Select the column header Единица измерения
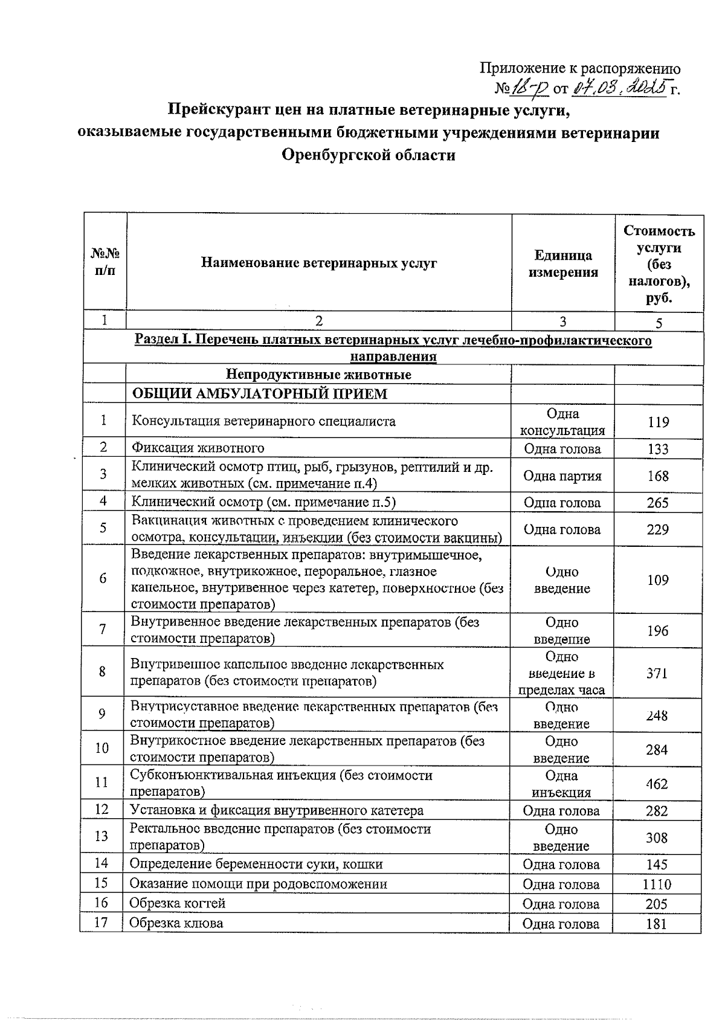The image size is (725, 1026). (562, 263)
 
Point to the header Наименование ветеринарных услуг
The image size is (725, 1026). (319, 263)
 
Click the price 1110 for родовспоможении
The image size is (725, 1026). (657, 885)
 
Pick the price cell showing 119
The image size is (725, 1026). (658, 422)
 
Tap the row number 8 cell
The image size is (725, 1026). (103, 671)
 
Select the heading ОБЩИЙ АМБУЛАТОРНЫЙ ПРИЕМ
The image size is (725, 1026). (259, 394)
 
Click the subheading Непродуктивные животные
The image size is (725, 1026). (318, 374)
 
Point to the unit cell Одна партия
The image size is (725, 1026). (562, 476)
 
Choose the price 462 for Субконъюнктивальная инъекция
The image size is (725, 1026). (657, 784)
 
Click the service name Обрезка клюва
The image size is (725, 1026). (176, 923)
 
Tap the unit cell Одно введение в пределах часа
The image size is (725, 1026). (561, 673)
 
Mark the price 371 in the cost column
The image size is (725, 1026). (657, 673)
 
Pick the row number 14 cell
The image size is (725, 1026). (101, 863)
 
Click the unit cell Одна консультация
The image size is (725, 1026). (562, 422)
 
